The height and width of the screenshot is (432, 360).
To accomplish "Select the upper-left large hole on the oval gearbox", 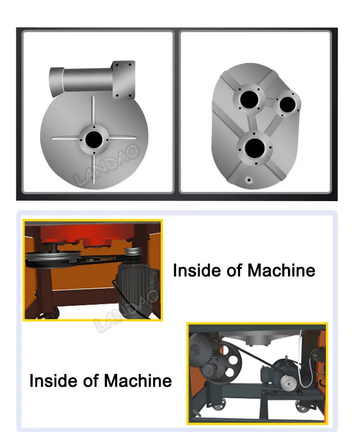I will (x=249, y=99).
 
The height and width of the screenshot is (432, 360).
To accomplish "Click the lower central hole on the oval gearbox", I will (x=254, y=148).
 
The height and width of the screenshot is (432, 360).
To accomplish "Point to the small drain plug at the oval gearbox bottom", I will (x=249, y=180).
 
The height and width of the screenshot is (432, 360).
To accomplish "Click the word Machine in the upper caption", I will (x=281, y=270).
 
